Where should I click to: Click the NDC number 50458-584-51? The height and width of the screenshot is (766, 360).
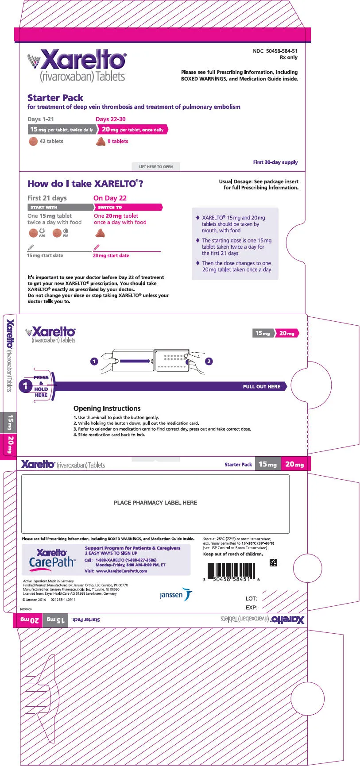pyautogui.click(x=281, y=51)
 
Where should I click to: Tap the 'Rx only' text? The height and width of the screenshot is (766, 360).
pyautogui.click(x=289, y=58)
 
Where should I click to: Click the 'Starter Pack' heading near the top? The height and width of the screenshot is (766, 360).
pyautogui.click(x=55, y=98)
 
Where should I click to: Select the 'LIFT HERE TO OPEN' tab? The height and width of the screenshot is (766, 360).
pyautogui.click(x=156, y=167)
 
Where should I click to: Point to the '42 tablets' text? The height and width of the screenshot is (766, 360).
pyautogui.click(x=51, y=142)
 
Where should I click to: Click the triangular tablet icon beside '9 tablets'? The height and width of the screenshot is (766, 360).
pyautogui.click(x=101, y=142)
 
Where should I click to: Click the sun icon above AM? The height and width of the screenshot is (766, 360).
pyautogui.click(x=42, y=231)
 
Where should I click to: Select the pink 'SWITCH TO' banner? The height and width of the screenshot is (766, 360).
pyautogui.click(x=128, y=207)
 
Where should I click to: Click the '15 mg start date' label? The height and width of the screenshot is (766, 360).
pyautogui.click(x=45, y=256)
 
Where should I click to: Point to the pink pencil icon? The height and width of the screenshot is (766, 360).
pyautogui.click(x=97, y=247)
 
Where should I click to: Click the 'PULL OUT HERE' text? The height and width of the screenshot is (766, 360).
pyautogui.click(x=261, y=387)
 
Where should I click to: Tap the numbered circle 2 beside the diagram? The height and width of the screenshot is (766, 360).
pyautogui.click(x=209, y=362)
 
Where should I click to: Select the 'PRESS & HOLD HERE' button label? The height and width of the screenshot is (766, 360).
pyautogui.click(x=41, y=386)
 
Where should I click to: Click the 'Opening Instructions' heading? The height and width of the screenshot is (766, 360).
pyautogui.click(x=107, y=408)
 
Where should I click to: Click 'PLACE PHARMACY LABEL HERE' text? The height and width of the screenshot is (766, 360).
pyautogui.click(x=155, y=503)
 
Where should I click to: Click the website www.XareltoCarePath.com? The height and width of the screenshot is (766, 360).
pyautogui.click(x=122, y=571)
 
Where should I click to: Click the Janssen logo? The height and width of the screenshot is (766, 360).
pyautogui.click(x=176, y=595)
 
